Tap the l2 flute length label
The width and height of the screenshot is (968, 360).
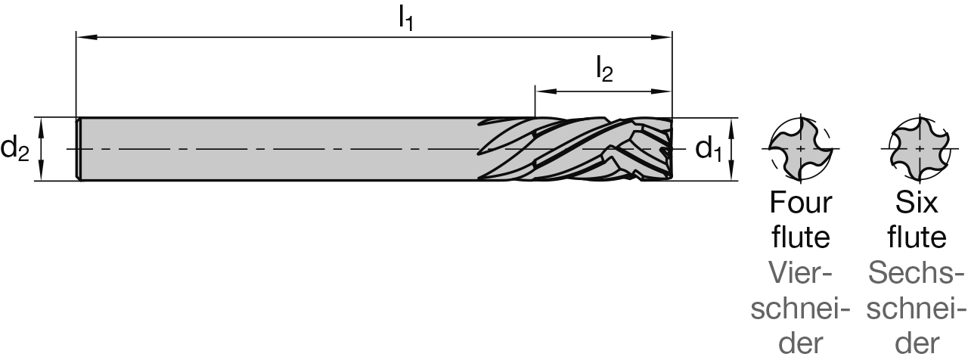click(x=604, y=70)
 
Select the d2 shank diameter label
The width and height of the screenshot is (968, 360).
click(x=14, y=149)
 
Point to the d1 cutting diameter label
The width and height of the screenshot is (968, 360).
click(x=709, y=149)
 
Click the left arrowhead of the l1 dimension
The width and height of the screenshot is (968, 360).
click(x=86, y=38)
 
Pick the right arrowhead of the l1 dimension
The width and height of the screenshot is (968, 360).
click(x=662, y=38)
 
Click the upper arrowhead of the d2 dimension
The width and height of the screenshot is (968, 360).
click(x=41, y=128)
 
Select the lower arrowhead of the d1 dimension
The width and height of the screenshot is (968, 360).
click(x=731, y=170)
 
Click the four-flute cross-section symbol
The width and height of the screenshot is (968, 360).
click(x=801, y=149)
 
